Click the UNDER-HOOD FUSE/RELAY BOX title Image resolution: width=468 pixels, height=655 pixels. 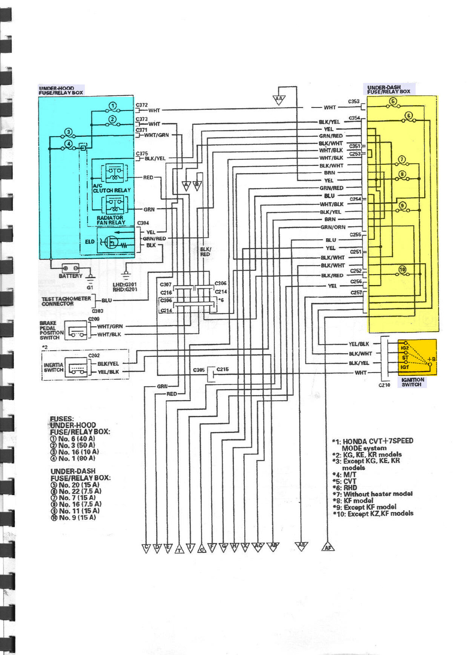(x=61, y=90)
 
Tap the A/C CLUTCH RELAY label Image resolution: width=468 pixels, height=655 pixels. (x=111, y=188)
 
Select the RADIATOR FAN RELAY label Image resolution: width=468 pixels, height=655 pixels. (x=110, y=220)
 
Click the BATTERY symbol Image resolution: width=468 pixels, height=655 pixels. (x=71, y=268)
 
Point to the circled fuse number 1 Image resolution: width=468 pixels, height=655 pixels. (x=112, y=106)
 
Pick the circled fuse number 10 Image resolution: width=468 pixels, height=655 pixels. (x=402, y=269)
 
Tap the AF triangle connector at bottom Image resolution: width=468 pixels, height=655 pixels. (x=328, y=547)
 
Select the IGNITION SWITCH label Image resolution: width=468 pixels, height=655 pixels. (x=412, y=382)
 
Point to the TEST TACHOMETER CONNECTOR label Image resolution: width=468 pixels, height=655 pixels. (x=66, y=301)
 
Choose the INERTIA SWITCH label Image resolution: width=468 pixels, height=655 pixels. (x=53, y=367)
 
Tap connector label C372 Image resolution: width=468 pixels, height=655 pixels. (x=141, y=105)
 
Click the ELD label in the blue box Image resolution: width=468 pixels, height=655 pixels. (x=89, y=242)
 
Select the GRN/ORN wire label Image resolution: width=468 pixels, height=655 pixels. (x=333, y=227)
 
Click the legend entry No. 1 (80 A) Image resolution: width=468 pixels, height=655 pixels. (x=73, y=459)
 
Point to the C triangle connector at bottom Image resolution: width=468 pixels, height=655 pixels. (x=146, y=548)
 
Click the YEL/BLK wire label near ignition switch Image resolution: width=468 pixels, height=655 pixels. (x=359, y=344)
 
